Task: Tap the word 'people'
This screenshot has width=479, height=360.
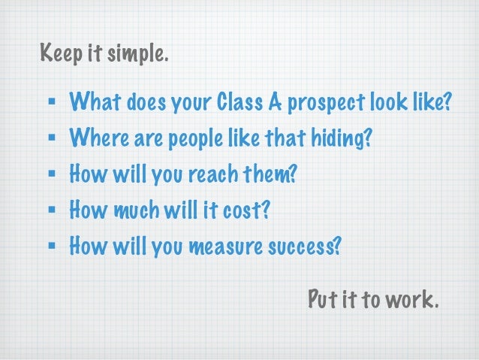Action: pos(181,138)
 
